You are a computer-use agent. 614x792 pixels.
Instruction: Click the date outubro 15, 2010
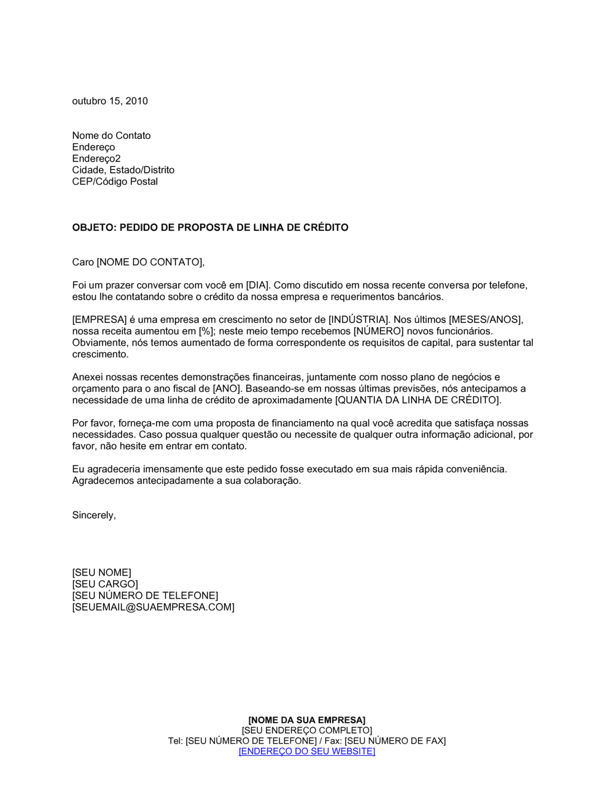pyautogui.click(x=110, y=101)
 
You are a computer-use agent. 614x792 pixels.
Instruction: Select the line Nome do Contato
pyautogui.click(x=111, y=136)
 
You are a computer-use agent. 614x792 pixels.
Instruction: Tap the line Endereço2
pyautogui.click(x=96, y=158)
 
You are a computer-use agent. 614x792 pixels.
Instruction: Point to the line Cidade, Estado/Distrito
pyautogui.click(x=123, y=170)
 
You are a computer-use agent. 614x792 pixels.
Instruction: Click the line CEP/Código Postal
pyautogui.click(x=115, y=182)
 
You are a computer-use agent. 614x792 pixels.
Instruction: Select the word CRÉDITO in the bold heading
pyautogui.click(x=325, y=228)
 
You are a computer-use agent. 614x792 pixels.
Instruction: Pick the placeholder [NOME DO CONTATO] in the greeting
pyautogui.click(x=149, y=263)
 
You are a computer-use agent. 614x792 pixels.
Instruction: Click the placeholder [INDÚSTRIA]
pyautogui.click(x=359, y=320)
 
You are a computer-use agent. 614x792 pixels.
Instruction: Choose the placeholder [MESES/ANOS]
pyautogui.click(x=486, y=320)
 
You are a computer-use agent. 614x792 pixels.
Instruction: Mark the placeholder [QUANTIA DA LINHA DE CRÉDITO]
pyautogui.click(x=418, y=400)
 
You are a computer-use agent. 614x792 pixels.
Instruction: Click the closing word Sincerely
pyautogui.click(x=93, y=516)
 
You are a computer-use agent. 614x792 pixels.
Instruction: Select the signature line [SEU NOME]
pyautogui.click(x=101, y=573)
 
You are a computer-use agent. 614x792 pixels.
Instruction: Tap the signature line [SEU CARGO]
pyautogui.click(x=105, y=584)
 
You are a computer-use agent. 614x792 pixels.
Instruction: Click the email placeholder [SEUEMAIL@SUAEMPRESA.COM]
pyautogui.click(x=153, y=607)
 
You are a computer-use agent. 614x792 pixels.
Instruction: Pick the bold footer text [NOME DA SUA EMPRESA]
pyautogui.click(x=306, y=720)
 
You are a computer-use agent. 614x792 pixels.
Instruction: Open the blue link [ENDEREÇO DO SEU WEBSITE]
pyautogui.click(x=306, y=751)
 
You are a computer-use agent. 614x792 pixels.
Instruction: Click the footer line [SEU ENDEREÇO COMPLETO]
pyautogui.click(x=306, y=731)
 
